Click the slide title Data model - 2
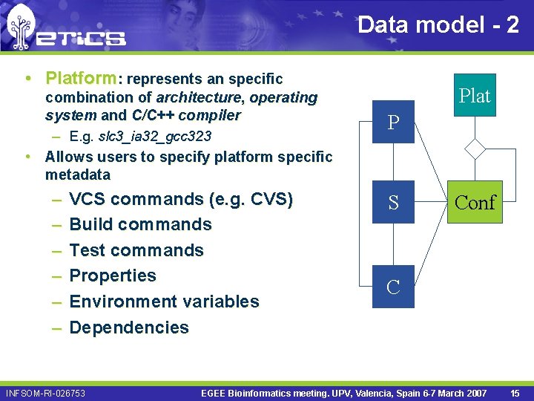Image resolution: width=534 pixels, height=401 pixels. tap(438, 25)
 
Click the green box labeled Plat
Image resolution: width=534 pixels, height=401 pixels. tap(475, 96)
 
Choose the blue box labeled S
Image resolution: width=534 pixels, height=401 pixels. tap(393, 202)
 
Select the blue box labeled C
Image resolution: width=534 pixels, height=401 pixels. tap(393, 287)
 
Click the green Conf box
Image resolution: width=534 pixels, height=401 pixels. tap(475, 202)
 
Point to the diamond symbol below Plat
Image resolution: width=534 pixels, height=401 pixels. tap(475, 149)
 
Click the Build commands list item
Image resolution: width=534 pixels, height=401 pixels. tap(140, 224)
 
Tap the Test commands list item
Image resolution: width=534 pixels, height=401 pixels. tap(136, 250)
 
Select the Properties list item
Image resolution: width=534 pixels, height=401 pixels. tap(113, 276)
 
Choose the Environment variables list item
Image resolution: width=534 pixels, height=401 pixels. tap(164, 301)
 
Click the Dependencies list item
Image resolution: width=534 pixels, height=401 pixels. tap(129, 327)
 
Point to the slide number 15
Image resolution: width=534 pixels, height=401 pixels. tap(515, 392)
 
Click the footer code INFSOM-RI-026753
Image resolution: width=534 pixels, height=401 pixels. tap(45, 393)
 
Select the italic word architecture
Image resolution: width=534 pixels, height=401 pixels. tap(200, 97)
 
